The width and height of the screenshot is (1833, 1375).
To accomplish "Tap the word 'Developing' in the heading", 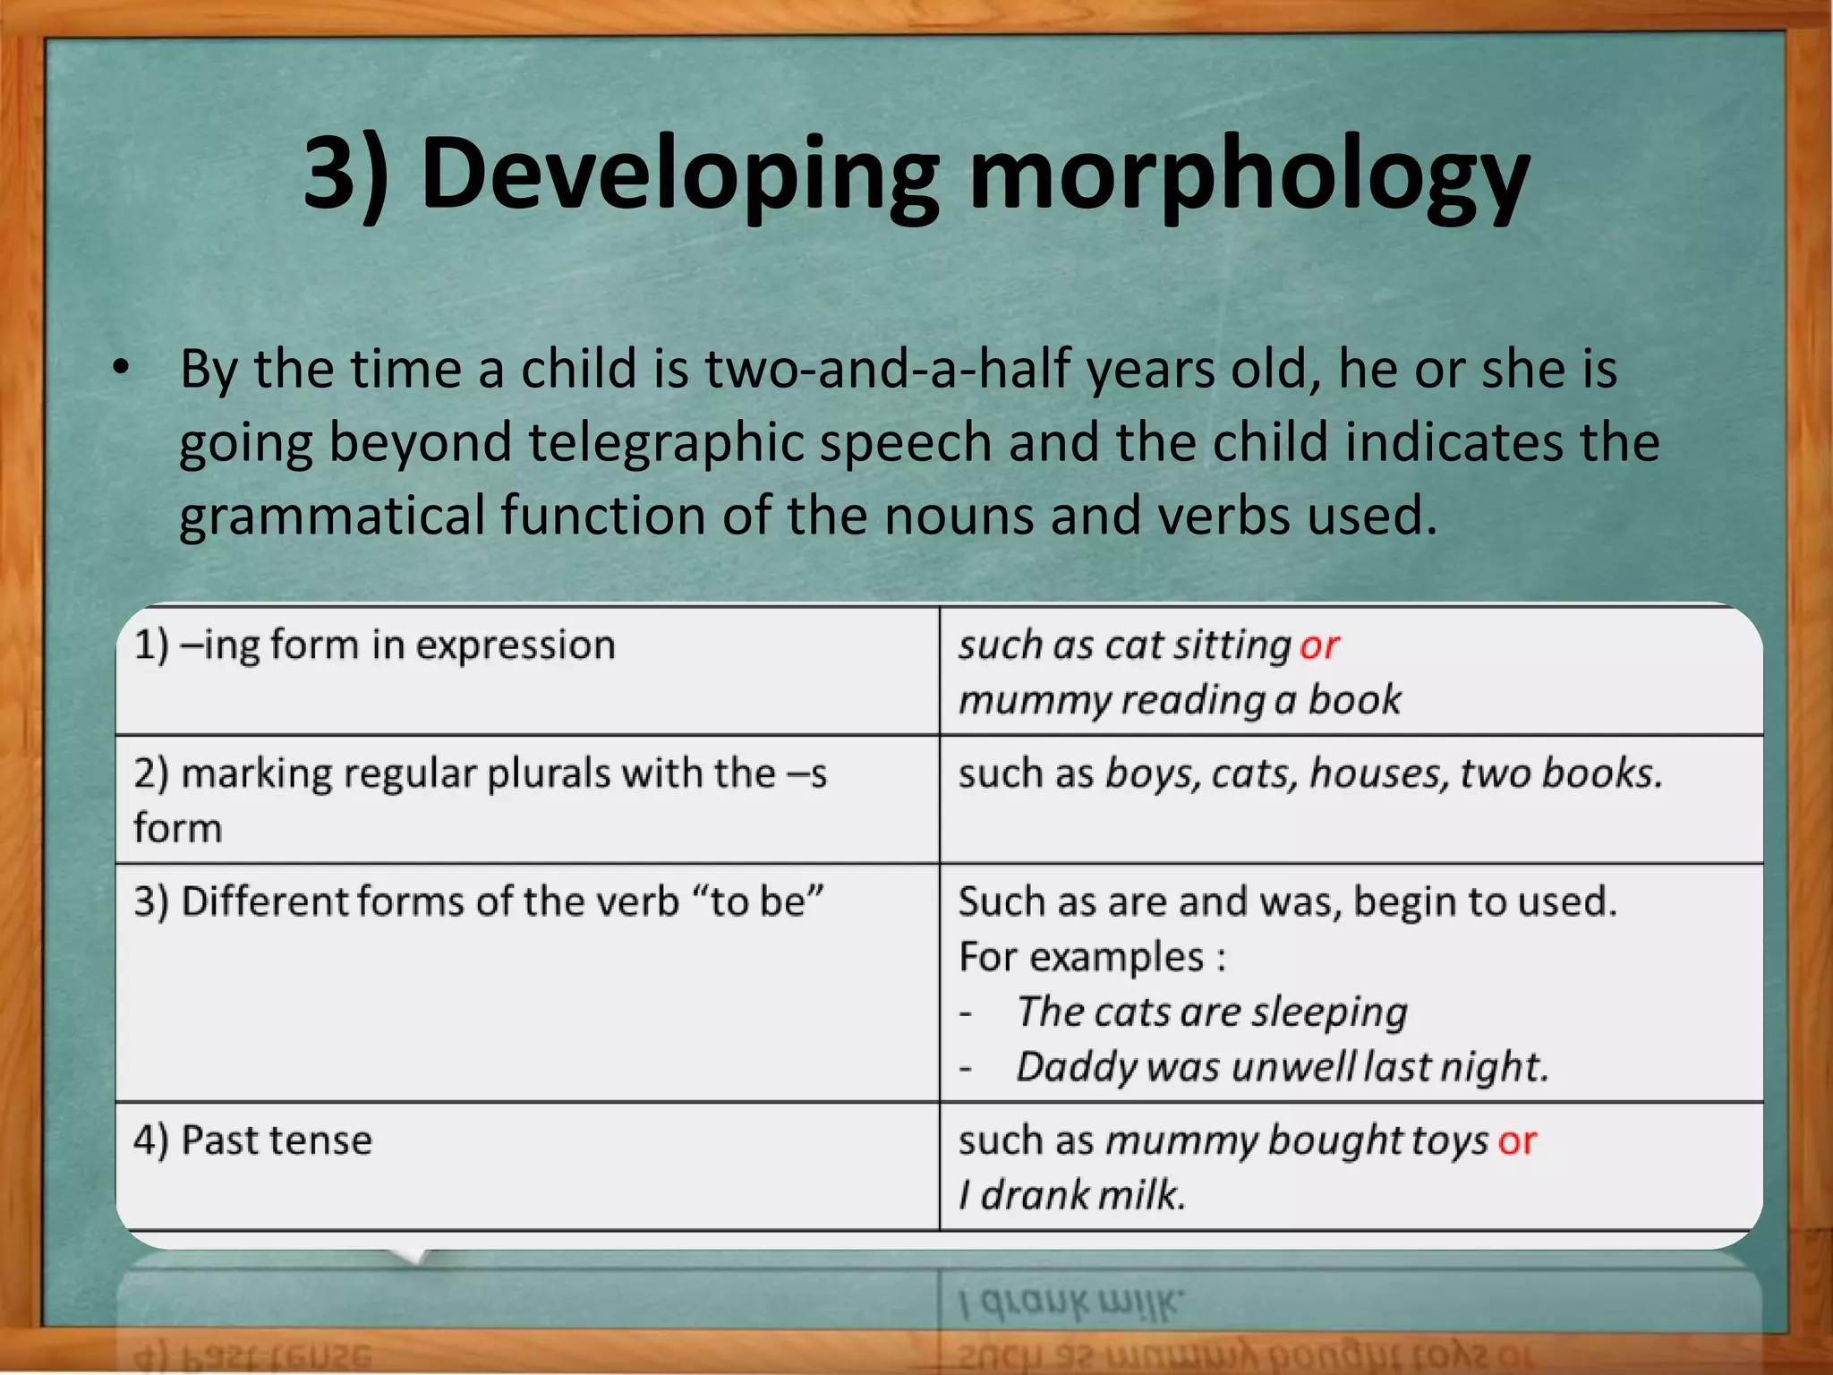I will tap(680, 175).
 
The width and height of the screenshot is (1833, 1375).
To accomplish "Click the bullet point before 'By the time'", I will tap(121, 368).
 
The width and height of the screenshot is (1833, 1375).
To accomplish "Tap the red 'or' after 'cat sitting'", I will tap(1319, 645).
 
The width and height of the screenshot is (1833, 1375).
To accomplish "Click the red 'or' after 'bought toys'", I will tap(1517, 1141).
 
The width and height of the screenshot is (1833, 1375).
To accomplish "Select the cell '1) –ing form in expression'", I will tap(375, 645).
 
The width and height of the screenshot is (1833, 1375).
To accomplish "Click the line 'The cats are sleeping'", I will tap(1212, 1012).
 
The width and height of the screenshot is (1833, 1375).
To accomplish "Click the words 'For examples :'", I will tap(1092, 957).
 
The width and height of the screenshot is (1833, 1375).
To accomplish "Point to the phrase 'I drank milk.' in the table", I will tap(1072, 1195).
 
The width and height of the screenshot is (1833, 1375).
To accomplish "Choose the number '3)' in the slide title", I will tap(345, 175).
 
